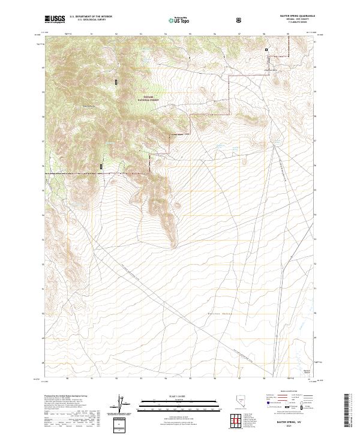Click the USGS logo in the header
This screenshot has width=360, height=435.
(55, 19)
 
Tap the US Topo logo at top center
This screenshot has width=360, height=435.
(178, 20)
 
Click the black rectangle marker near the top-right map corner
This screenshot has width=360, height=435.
(267, 50)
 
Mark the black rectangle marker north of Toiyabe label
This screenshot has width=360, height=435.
(116, 80)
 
